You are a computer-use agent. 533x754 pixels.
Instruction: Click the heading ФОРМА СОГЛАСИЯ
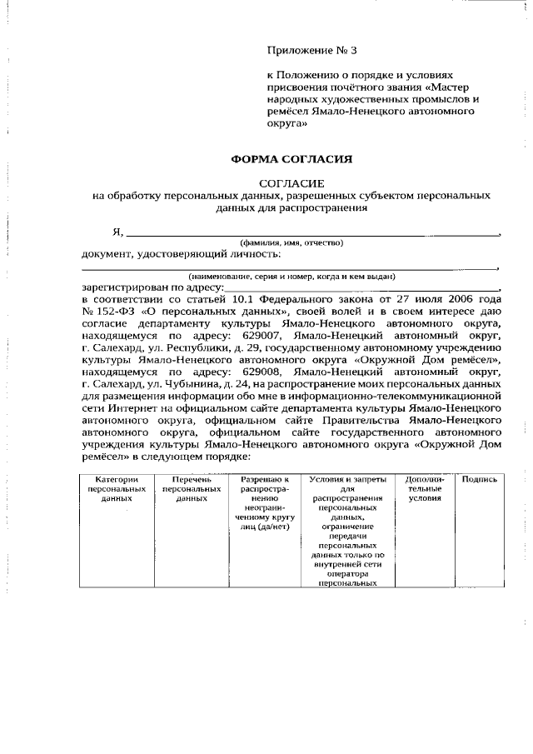(x=291, y=158)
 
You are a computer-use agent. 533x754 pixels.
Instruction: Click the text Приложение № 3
(x=311, y=50)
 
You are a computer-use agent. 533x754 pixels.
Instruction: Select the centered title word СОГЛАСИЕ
(x=291, y=182)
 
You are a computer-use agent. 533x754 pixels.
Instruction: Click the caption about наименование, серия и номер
(x=291, y=276)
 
